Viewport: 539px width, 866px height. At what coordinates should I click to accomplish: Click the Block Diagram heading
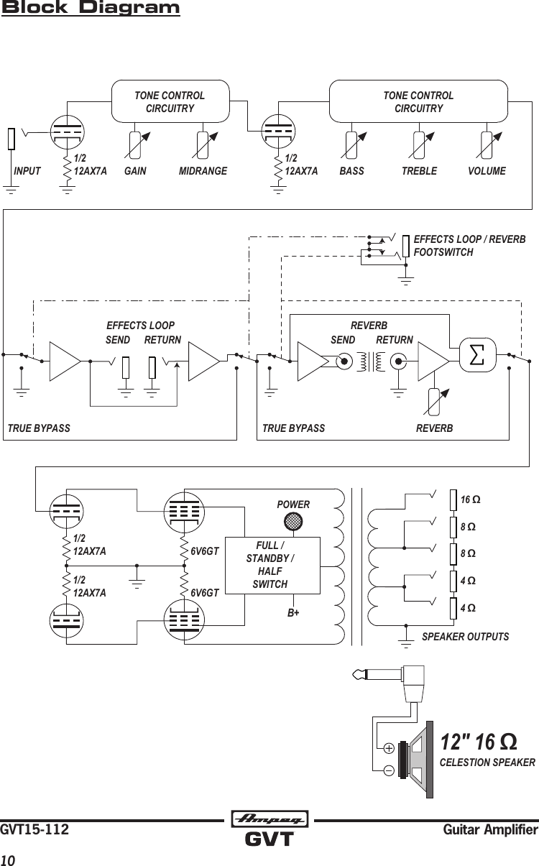(91, 9)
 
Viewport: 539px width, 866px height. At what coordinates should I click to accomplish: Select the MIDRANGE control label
(203, 172)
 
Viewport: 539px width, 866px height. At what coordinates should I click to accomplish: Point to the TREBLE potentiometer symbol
(420, 145)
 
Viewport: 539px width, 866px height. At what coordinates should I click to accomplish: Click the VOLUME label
(487, 172)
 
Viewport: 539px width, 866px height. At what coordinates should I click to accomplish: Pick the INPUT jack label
(27, 172)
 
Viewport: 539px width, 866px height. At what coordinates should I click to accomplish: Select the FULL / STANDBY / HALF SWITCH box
(272, 565)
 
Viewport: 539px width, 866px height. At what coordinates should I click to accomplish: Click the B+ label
(292, 614)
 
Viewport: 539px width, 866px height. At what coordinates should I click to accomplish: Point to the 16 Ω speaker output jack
(453, 499)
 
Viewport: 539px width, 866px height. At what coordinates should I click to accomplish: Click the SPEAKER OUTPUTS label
(465, 637)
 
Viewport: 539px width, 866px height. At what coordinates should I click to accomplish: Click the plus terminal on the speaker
(388, 748)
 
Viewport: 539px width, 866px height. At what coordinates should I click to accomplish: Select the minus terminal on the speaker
(388, 770)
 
